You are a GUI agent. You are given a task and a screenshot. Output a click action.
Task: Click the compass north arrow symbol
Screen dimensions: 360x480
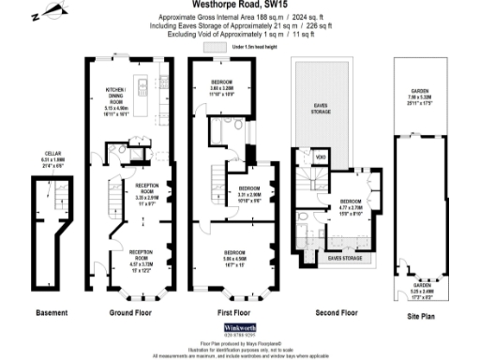tap(43, 13)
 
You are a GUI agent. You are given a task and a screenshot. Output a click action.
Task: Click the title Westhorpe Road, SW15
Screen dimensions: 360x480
tap(240, 5)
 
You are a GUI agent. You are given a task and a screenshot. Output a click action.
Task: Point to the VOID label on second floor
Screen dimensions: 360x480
tap(321, 156)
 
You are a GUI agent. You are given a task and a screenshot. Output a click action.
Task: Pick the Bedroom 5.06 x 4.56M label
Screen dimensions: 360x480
tap(233, 257)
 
